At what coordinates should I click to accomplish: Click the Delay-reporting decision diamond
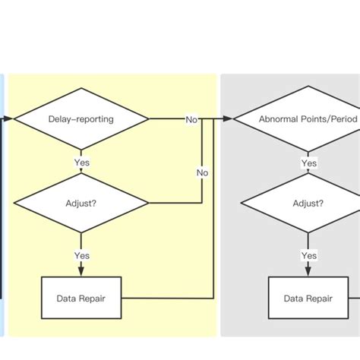(x=82, y=119)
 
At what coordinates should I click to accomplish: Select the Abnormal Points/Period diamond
(x=308, y=119)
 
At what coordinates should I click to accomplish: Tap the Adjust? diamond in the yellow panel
(x=82, y=204)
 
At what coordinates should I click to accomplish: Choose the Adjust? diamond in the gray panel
(x=308, y=204)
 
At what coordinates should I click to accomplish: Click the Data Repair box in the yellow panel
(x=81, y=298)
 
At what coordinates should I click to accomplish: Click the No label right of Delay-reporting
(x=192, y=119)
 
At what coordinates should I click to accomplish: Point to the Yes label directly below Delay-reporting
(x=82, y=163)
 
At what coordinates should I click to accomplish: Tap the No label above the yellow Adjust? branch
(x=203, y=172)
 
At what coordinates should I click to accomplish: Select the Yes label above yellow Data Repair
(x=82, y=256)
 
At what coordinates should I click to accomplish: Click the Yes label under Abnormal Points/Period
(x=308, y=163)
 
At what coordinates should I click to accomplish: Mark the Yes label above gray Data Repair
(x=308, y=256)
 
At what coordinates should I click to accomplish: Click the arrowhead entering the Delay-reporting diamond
(x=10, y=119)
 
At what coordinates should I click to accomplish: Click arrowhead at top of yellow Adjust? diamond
(x=82, y=172)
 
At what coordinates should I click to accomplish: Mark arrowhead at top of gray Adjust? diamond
(x=308, y=172)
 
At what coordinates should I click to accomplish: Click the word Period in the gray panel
(x=343, y=119)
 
